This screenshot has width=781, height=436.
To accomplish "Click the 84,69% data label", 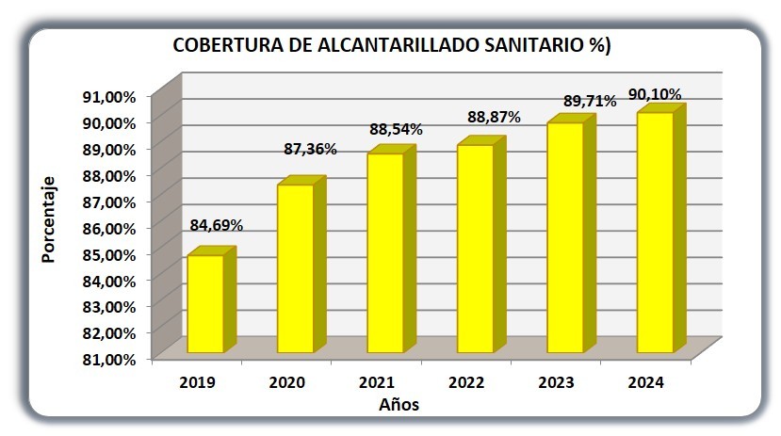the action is click(x=216, y=225).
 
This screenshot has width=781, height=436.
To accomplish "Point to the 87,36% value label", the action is click(x=310, y=149).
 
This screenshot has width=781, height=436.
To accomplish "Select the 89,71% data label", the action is click(x=590, y=102).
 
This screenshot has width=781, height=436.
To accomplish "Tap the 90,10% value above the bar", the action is click(x=655, y=94).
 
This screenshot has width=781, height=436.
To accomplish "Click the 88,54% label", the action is click(x=396, y=129).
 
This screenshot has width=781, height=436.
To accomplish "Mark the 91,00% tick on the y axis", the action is click(x=109, y=97).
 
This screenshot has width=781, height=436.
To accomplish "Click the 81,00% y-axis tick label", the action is click(x=109, y=360).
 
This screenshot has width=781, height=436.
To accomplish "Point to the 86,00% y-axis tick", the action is click(x=109, y=229).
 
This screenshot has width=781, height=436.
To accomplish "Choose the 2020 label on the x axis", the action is click(x=287, y=382).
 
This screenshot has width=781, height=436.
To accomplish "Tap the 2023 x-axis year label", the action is click(x=557, y=382).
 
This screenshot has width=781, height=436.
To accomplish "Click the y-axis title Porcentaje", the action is click(x=49, y=219).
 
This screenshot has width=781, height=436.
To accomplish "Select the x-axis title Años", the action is click(x=399, y=404).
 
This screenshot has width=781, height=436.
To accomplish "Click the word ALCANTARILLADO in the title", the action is click(x=398, y=45).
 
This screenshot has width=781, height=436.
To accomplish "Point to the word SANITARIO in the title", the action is click(x=533, y=45).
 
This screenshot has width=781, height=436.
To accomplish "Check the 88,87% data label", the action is click(x=494, y=118).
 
